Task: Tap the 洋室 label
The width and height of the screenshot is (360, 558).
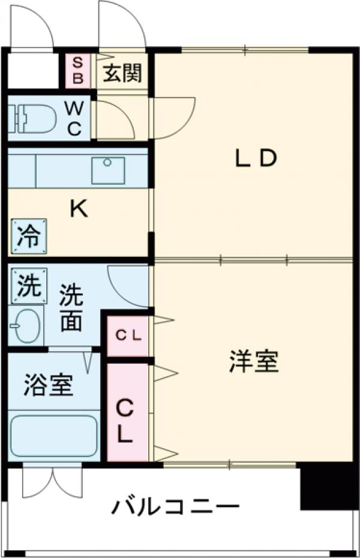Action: (253, 361)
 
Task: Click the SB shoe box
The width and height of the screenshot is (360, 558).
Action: (78, 70)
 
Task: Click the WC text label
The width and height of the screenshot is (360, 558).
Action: (74, 118)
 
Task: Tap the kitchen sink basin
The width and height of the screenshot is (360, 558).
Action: (108, 170)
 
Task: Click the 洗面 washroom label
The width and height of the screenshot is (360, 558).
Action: (71, 309)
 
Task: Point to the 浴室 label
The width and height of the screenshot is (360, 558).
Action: (49, 385)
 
